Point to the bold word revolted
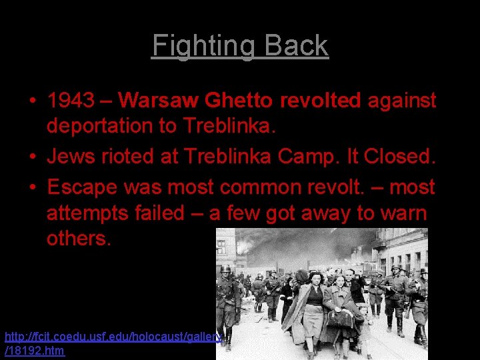click(320, 101)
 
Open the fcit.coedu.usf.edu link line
click(113, 337)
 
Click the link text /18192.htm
click(35, 351)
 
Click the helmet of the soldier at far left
click(226, 269)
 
